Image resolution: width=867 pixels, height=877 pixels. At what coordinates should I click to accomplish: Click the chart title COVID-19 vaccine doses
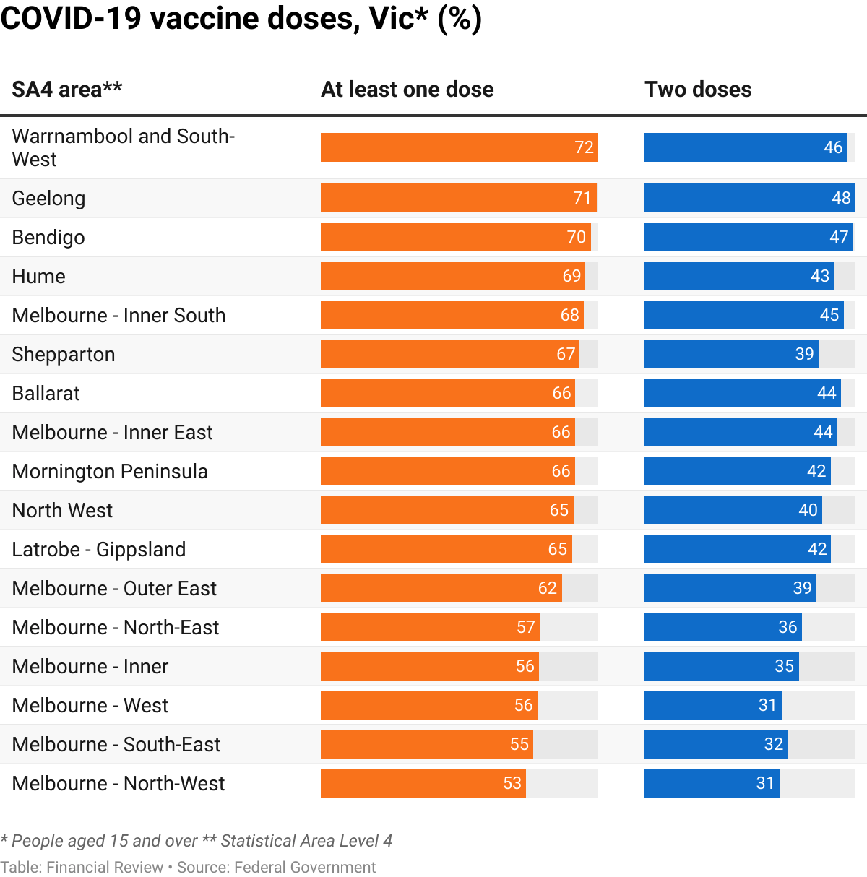tap(241, 19)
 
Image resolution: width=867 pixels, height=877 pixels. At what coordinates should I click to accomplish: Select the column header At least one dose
tap(407, 90)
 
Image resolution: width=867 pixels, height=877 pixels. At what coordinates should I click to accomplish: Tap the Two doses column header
tap(698, 90)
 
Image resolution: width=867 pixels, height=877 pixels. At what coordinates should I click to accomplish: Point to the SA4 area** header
tap(67, 90)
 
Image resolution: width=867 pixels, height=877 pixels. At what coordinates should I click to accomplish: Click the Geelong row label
tap(48, 199)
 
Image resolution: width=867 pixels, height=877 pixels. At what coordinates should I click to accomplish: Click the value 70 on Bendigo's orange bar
tap(577, 237)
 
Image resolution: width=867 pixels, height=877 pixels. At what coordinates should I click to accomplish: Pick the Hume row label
tap(39, 277)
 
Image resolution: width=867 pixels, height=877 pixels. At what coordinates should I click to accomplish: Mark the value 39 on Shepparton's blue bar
tap(804, 354)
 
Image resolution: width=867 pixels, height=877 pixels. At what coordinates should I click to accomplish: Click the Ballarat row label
tap(46, 394)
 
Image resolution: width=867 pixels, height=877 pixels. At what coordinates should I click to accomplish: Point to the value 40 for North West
tap(808, 510)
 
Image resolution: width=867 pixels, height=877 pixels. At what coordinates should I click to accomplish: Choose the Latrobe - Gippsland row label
tap(99, 550)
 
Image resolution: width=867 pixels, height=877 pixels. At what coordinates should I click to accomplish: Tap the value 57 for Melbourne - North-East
tap(526, 627)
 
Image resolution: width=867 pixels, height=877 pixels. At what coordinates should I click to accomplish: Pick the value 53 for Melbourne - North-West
tap(512, 783)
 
